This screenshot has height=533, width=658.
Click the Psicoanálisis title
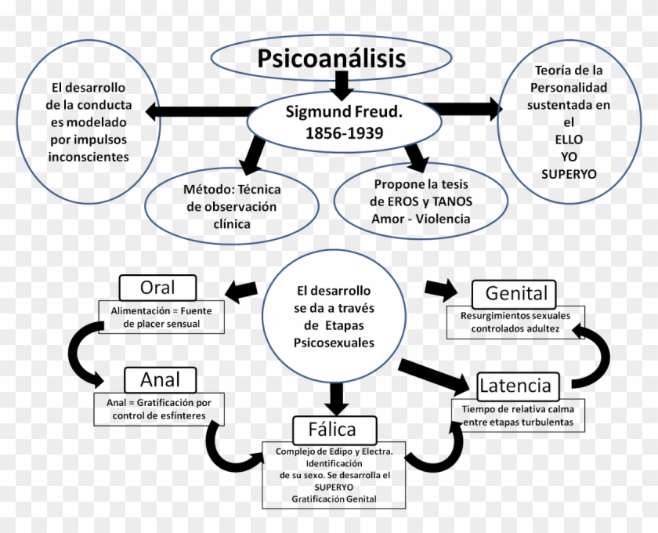pos(332,59)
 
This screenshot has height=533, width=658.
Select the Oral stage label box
pos(157,287)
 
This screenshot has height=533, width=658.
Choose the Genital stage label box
pos(515,294)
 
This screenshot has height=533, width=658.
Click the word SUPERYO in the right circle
pos(568,173)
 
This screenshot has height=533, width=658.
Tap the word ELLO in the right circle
pos(568,139)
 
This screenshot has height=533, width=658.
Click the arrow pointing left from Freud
pos(196,111)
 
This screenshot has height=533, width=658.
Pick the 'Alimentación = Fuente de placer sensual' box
pos(161,317)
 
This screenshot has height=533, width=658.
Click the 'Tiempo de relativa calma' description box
pos(517,415)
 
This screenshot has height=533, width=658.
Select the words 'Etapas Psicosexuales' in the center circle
pos(334,334)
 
